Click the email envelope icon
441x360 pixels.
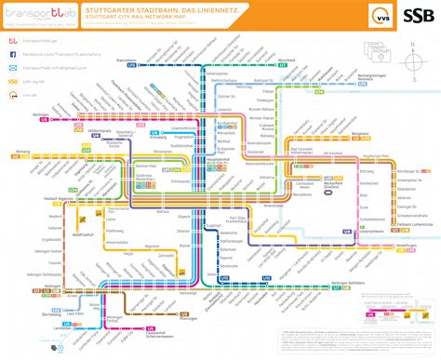(13, 68)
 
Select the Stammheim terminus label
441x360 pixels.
(127, 61)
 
